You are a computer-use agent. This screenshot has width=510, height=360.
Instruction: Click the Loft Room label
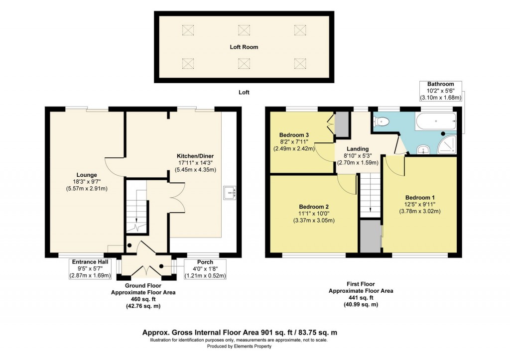tap(244, 47)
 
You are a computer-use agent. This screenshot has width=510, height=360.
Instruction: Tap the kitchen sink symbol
tap(230, 192)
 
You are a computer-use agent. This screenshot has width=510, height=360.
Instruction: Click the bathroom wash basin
tap(422, 148)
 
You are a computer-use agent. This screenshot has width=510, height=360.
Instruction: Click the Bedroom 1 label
tap(416, 196)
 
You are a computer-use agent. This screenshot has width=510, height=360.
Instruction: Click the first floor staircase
tap(369, 194)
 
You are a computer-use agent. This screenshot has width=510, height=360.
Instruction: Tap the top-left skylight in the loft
tap(187, 31)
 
